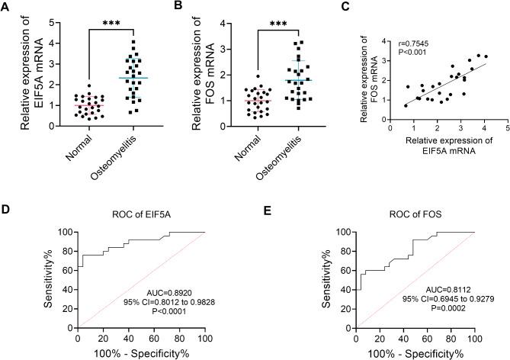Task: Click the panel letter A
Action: tap(6, 6)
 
